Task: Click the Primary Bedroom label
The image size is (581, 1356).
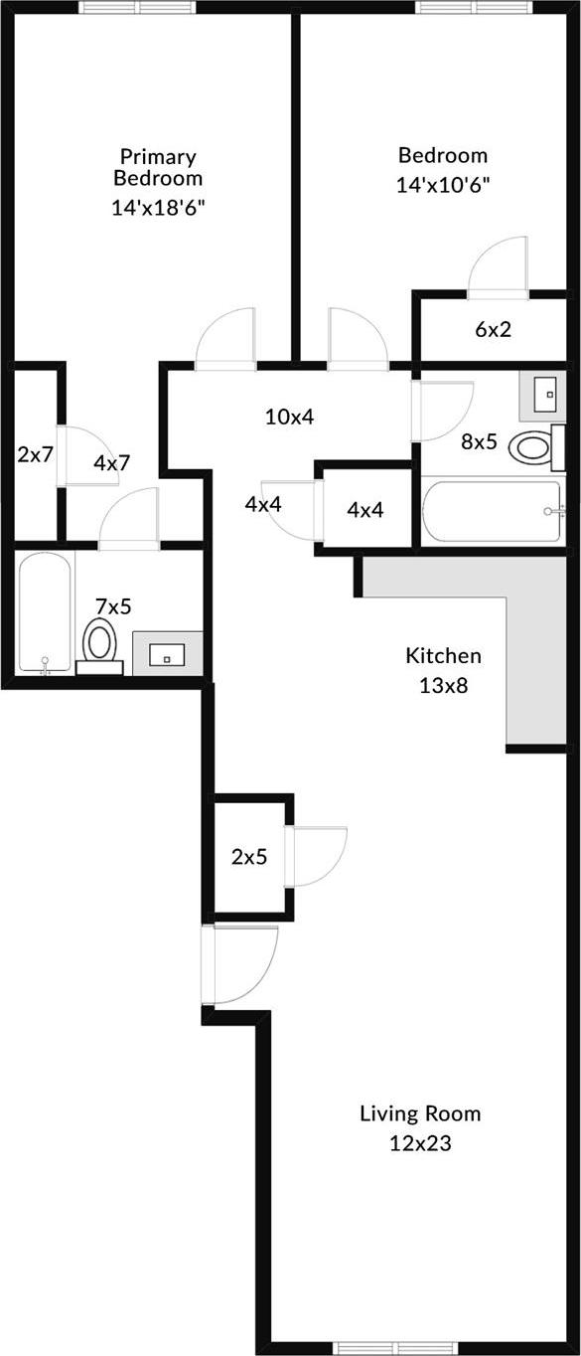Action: click(158, 167)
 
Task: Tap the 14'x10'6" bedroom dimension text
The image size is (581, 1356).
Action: click(443, 184)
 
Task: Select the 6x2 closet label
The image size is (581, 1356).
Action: click(493, 330)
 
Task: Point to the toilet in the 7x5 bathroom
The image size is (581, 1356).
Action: click(100, 642)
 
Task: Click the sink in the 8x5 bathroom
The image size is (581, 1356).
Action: click(544, 395)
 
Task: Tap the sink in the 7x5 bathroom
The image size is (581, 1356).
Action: click(167, 654)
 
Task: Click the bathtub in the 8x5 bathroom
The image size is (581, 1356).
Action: click(493, 511)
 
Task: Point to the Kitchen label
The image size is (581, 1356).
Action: click(443, 656)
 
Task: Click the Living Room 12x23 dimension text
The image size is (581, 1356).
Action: click(420, 1143)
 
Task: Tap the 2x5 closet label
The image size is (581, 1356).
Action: click(249, 857)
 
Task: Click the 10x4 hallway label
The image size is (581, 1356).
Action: click(289, 417)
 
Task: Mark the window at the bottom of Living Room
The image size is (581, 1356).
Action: click(380, 1347)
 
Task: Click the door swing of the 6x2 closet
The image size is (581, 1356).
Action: click(500, 266)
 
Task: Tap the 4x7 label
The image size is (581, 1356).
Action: click(112, 462)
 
